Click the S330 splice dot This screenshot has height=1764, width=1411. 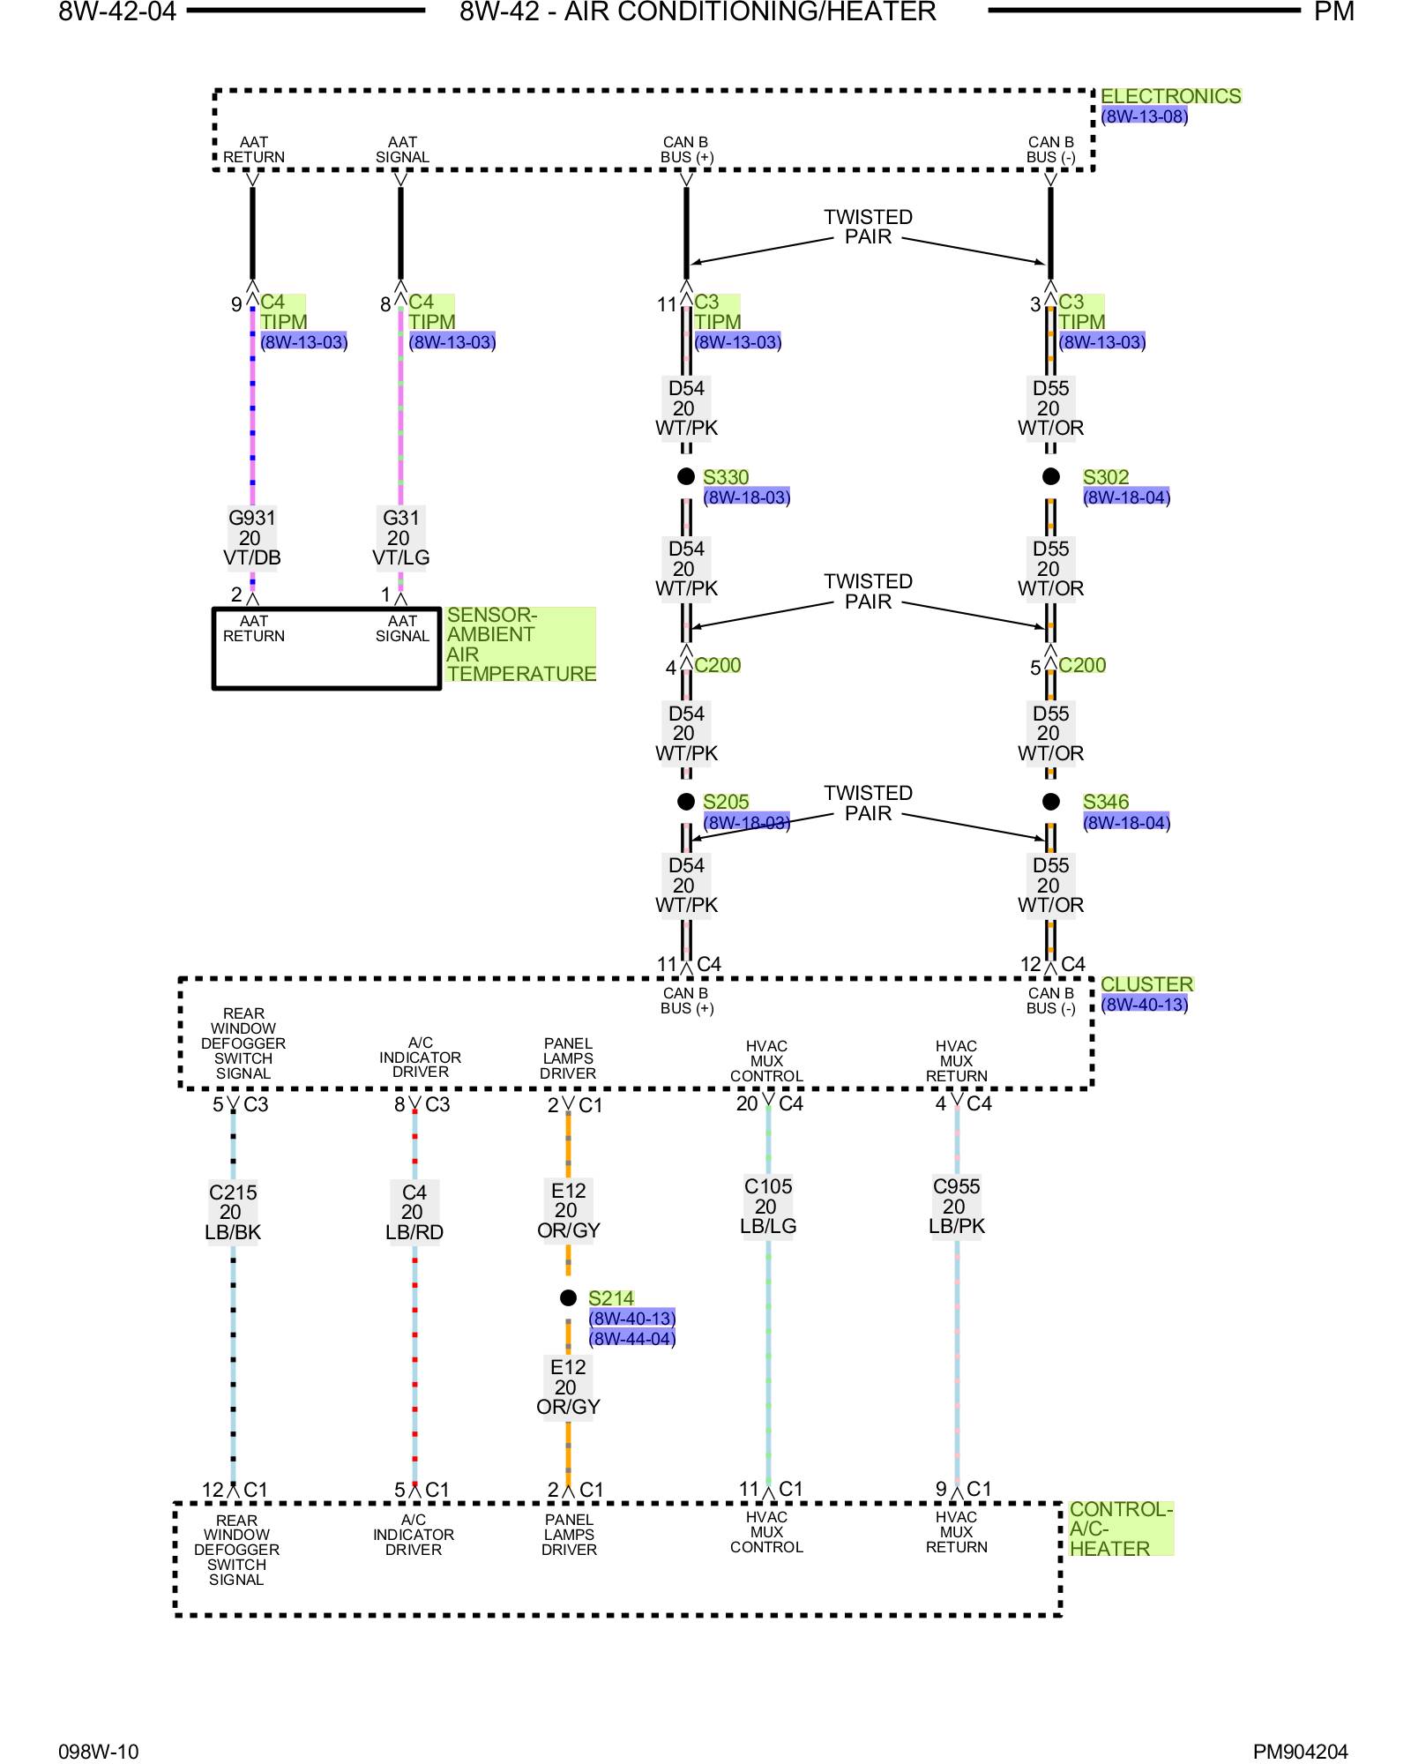click(686, 476)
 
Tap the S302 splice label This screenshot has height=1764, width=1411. click(1106, 477)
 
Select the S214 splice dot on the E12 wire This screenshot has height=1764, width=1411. click(568, 1297)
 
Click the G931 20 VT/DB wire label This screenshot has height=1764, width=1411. click(252, 538)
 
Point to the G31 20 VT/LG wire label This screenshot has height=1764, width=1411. click(400, 538)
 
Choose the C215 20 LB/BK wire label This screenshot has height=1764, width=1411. click(233, 1212)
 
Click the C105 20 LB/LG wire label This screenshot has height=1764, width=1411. click(768, 1207)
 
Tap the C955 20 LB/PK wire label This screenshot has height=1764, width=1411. click(957, 1207)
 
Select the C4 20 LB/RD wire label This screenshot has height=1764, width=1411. click(414, 1212)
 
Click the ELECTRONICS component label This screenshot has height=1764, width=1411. click(1171, 96)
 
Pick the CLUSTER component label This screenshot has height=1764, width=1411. click(1147, 984)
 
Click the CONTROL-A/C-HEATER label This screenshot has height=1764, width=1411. click(1121, 1529)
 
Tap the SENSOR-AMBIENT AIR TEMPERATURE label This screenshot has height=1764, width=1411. click(521, 645)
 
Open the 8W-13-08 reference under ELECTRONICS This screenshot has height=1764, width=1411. click(1145, 116)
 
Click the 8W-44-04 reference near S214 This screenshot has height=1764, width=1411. click(632, 1338)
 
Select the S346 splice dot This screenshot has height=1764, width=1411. click(1051, 802)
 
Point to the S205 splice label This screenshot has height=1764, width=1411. click(726, 802)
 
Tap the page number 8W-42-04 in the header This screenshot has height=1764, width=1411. click(117, 11)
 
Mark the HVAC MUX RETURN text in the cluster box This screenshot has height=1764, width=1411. click(957, 1061)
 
